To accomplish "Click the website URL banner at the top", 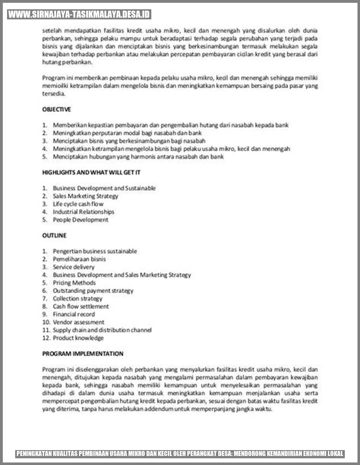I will click(x=79, y=14).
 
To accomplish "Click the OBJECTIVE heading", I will click(x=57, y=109).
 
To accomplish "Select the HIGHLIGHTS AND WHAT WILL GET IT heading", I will click(x=91, y=172).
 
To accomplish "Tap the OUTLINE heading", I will click(x=54, y=235).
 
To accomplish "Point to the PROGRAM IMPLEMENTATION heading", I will click(x=83, y=354).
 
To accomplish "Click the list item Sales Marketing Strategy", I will click(x=85, y=196).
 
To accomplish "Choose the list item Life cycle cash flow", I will click(x=78, y=204).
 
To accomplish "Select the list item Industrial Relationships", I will click(x=84, y=212).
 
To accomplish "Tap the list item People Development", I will click(x=80, y=220).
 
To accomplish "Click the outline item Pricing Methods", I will click(x=74, y=283).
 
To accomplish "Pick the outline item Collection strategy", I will click(x=78, y=298).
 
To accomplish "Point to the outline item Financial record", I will click(x=74, y=314).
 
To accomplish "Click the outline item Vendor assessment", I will click(x=78, y=322).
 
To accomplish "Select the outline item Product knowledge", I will click(x=78, y=338).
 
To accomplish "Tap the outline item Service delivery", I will click(x=74, y=267).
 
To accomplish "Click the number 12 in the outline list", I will click(x=46, y=338).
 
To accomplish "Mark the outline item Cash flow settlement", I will click(x=81, y=306).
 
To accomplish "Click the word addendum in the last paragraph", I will click(x=159, y=409).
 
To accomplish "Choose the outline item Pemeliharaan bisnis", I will click(x=79, y=259).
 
